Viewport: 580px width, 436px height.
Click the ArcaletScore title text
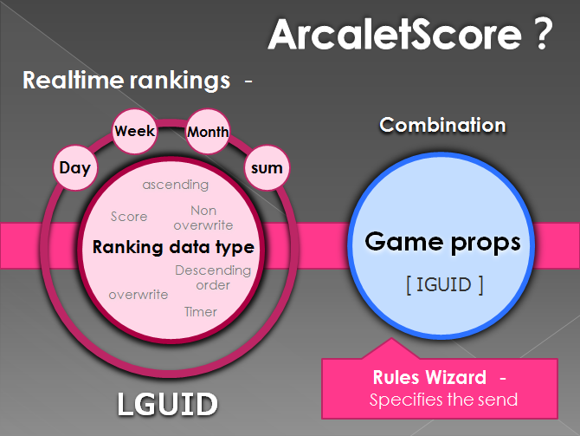(395, 34)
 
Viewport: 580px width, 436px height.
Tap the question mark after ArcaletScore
(543, 34)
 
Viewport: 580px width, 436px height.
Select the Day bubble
(75, 168)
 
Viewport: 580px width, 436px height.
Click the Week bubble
(135, 131)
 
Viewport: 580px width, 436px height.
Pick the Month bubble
(208, 132)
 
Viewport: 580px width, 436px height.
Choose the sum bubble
(267, 168)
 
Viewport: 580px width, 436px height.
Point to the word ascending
(176, 185)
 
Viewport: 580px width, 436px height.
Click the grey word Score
(129, 217)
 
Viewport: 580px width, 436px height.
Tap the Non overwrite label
(203, 218)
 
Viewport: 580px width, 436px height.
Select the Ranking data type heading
(173, 247)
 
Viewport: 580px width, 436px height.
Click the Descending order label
(213, 277)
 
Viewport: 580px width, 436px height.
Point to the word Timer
(201, 312)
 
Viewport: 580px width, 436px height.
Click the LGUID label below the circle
(168, 404)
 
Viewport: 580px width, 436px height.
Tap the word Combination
(442, 125)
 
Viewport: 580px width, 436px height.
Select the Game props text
(442, 242)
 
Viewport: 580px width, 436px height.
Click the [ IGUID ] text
(445, 285)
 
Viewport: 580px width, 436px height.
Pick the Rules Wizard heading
(429, 377)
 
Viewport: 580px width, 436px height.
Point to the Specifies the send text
(443, 400)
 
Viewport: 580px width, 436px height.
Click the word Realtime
(74, 80)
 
